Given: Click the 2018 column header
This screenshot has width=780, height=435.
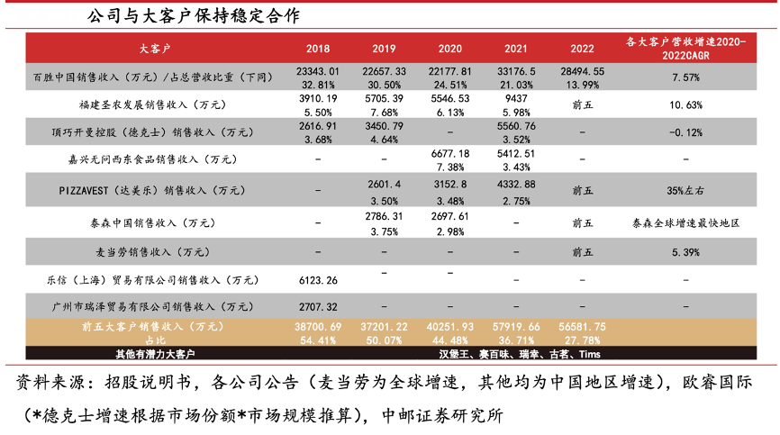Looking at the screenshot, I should (x=318, y=48).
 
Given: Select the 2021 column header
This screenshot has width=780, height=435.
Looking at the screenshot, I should (x=517, y=48).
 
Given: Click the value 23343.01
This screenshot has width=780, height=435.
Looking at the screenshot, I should (x=318, y=70).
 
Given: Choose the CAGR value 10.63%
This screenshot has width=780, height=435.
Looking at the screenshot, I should (x=686, y=104).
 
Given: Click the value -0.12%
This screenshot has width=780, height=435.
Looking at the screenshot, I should (x=686, y=133).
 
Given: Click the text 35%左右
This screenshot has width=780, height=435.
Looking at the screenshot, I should (x=686, y=191).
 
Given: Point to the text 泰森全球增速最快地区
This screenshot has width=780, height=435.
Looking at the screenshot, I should (x=686, y=221).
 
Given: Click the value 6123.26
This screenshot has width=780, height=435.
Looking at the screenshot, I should (x=318, y=280).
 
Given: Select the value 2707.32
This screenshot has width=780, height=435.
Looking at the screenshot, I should (x=318, y=307).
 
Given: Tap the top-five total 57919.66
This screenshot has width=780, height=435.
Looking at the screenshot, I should (x=517, y=326).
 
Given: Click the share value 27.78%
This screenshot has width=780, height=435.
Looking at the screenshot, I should (x=583, y=340).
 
